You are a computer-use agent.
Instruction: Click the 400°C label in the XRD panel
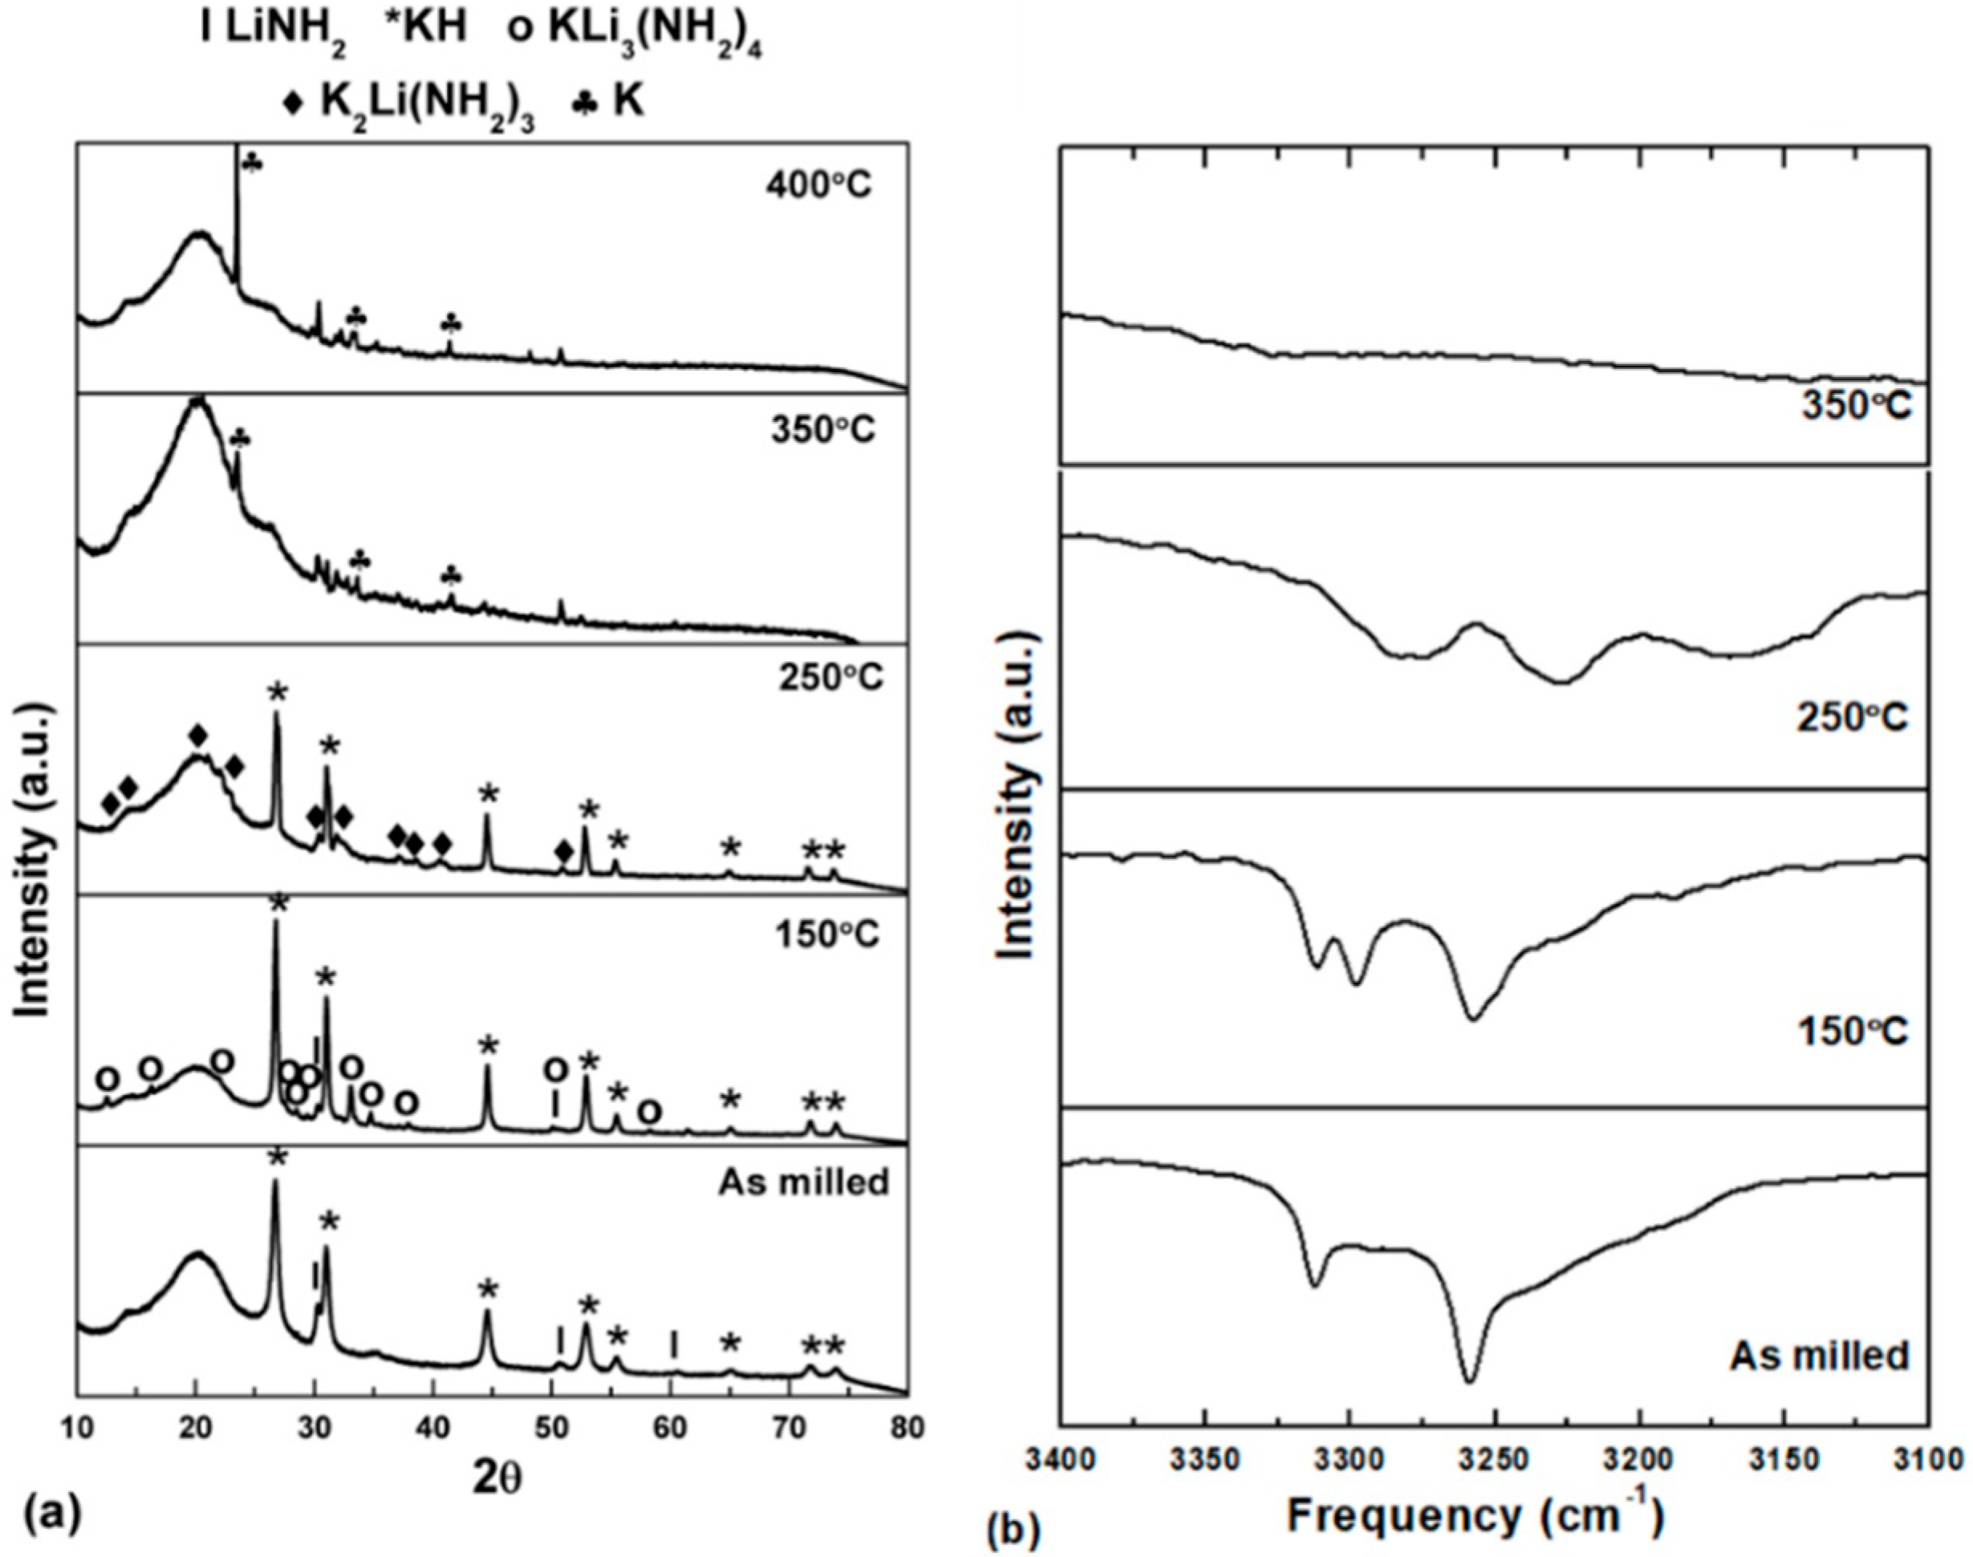pyautogui.click(x=818, y=186)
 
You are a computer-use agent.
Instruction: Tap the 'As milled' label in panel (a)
pyautogui.click(x=803, y=1182)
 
